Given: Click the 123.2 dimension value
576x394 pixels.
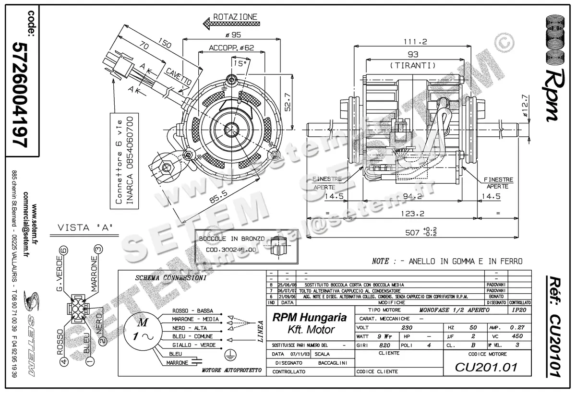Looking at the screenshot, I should click(411, 214).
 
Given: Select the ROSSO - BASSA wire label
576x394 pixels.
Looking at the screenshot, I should click(192, 311).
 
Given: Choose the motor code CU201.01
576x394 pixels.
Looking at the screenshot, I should click(486, 368).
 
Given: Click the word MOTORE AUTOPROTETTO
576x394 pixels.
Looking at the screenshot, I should click(231, 371).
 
